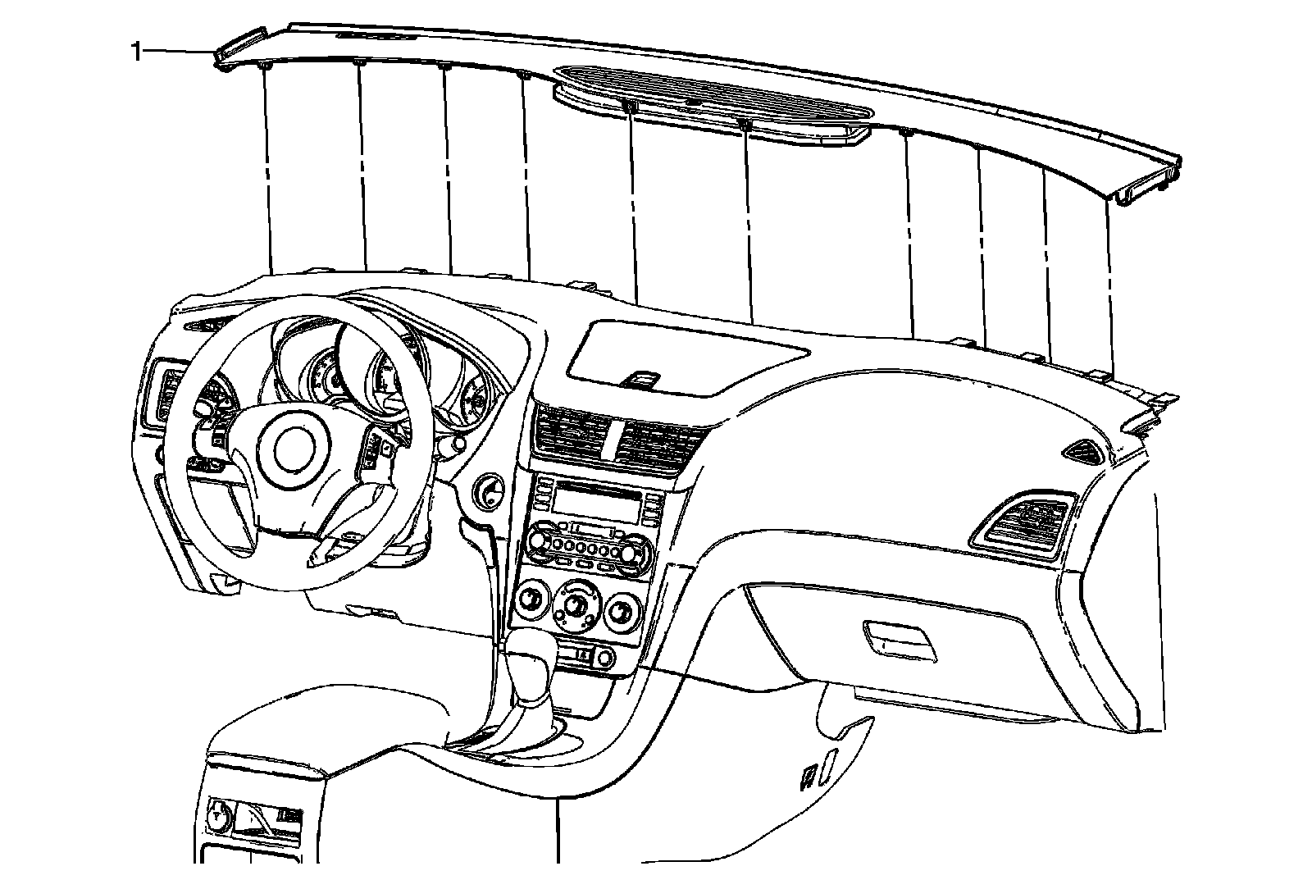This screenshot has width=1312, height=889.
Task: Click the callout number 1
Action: pyautogui.click(x=136, y=52)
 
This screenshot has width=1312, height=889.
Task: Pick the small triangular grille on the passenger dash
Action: pyautogui.click(x=1084, y=449)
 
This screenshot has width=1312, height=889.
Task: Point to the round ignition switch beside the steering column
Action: pyautogui.click(x=488, y=491)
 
